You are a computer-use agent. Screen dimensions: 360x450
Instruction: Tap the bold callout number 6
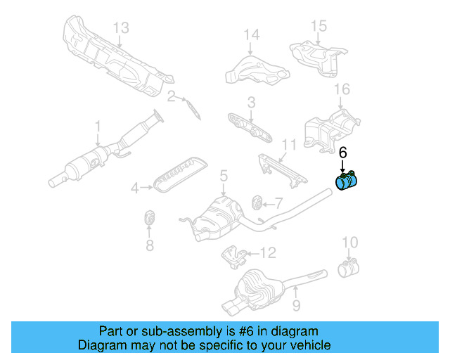(343, 153)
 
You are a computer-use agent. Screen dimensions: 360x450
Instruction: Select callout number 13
(122, 27)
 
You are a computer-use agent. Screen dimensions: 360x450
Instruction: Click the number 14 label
(252, 34)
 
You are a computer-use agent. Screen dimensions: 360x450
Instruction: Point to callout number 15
(319, 26)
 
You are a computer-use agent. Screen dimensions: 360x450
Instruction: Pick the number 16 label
(342, 89)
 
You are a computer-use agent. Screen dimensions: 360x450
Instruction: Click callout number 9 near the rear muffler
(297, 305)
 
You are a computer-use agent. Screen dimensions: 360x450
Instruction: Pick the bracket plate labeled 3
(250, 127)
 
